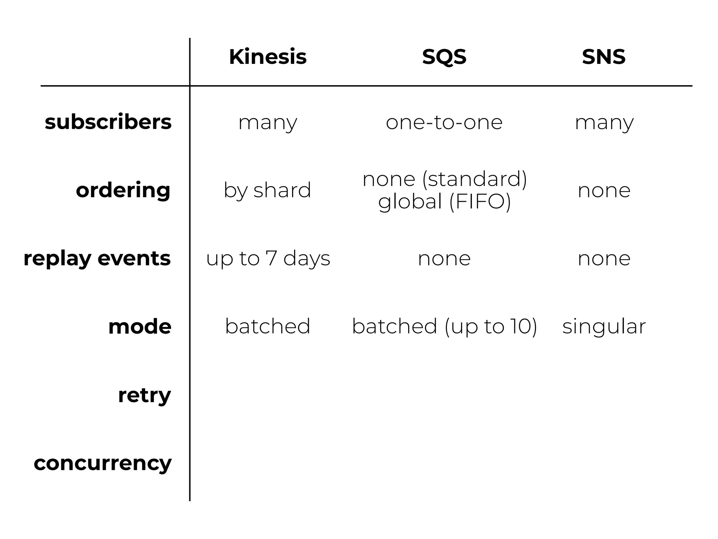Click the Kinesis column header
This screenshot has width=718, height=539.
267,57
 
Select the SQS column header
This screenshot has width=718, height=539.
444,57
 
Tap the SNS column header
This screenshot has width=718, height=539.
604,57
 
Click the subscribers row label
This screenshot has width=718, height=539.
108,122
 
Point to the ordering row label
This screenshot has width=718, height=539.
123,190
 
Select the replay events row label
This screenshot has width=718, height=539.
97,258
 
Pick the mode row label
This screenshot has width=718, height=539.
140,327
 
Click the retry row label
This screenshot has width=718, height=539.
144,395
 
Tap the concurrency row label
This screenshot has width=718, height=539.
102,463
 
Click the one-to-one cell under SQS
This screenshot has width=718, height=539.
444,122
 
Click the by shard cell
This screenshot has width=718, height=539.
267,191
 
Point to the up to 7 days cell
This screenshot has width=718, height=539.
268,259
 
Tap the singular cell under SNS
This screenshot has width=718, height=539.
604,327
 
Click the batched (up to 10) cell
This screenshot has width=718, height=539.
444,327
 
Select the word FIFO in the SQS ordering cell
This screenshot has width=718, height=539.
480,202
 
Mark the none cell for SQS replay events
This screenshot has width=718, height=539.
444,259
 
